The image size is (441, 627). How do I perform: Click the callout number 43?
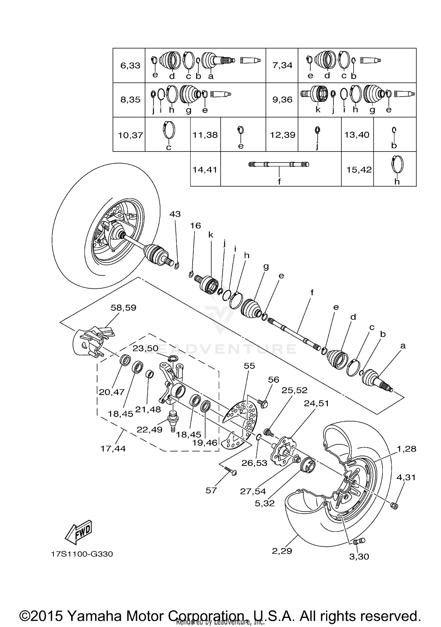[175, 214]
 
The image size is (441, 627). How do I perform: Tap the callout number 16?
[196, 226]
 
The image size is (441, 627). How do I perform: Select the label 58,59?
[123, 308]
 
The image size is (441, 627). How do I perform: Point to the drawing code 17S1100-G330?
[82, 554]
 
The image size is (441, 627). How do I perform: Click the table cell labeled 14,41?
[205, 169]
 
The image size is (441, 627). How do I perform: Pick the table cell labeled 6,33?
[130, 65]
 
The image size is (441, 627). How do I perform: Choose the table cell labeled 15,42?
[359, 169]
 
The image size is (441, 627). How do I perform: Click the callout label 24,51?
[316, 403]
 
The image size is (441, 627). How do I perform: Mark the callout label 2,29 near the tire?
[282, 551]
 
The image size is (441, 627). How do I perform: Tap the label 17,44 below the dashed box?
[113, 448]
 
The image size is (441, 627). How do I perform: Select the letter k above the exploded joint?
[211, 235]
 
